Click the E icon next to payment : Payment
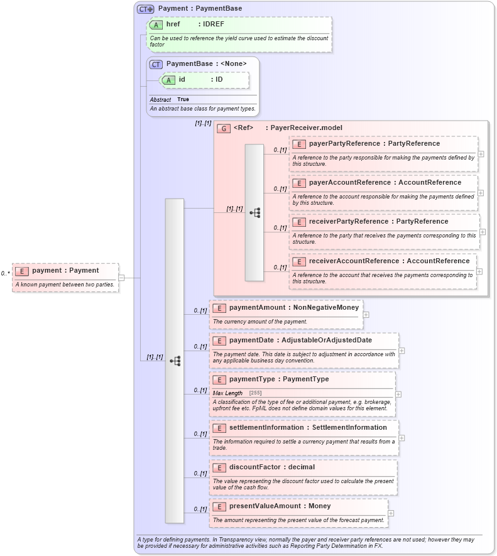pyautogui.click(x=22, y=271)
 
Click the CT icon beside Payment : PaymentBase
pyautogui.click(x=146, y=9)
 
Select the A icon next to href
pyautogui.click(x=156, y=25)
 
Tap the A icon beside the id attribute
pyautogui.click(x=168, y=80)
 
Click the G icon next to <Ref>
pyautogui.click(x=223, y=128)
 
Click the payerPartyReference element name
pyautogui.click(x=344, y=144)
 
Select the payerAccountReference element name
pyautogui.click(x=349, y=183)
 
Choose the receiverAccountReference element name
pyautogui.click(x=354, y=261)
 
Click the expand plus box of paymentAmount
pyautogui.click(x=366, y=315)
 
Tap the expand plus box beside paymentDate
pyautogui.click(x=401, y=351)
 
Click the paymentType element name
pyautogui.click(x=253, y=379)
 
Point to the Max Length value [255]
pyautogui.click(x=256, y=393)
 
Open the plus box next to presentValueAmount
pyautogui.click(x=391, y=513)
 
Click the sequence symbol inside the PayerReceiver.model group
pyautogui.click(x=254, y=213)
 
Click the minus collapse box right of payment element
pyautogui.click(x=121, y=277)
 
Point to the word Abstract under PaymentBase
pyautogui.click(x=160, y=100)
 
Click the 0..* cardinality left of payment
pyautogui.click(x=6, y=273)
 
